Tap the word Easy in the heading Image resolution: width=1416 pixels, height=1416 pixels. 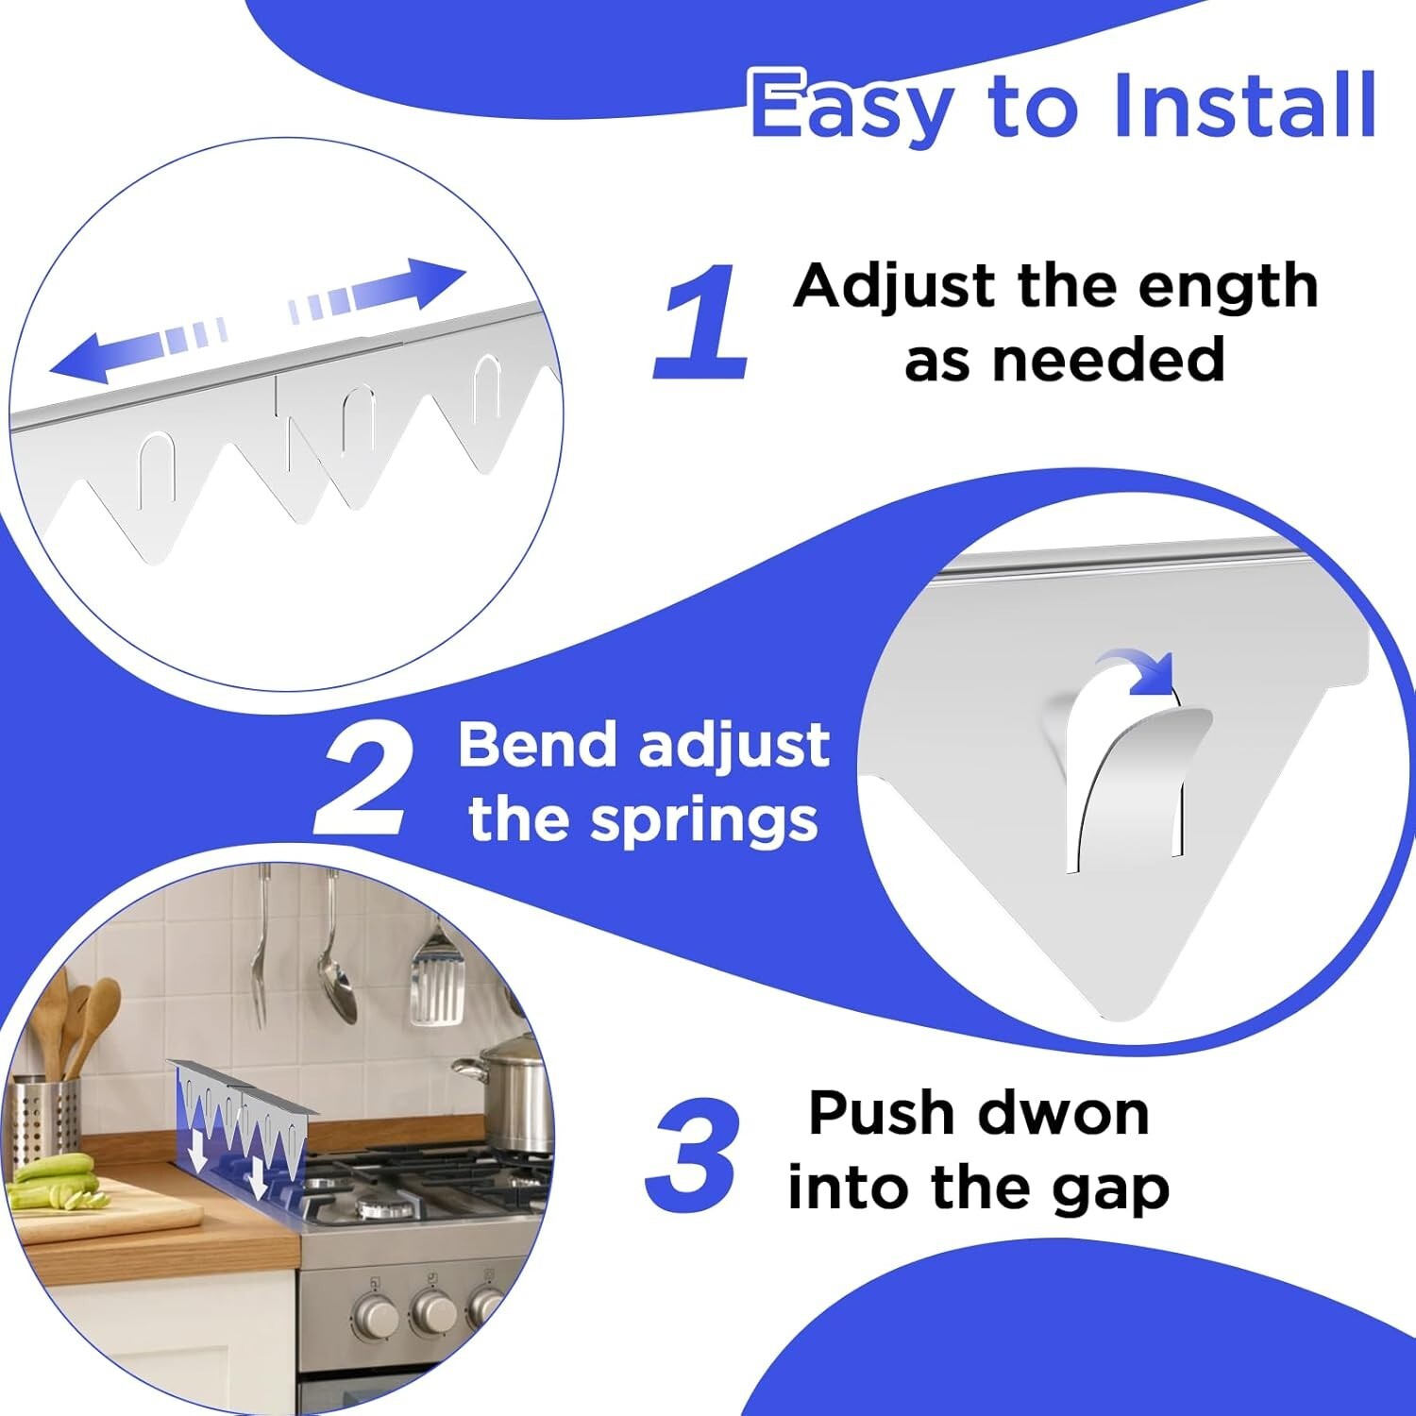coord(851,106)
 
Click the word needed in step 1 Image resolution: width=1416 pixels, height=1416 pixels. coord(1064,362)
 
